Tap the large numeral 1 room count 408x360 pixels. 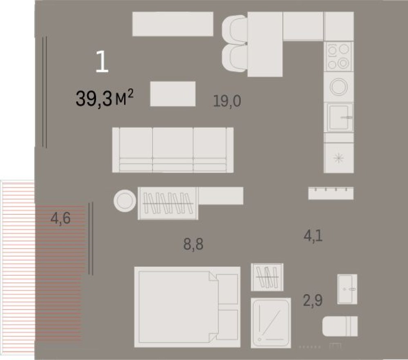pos(102,62)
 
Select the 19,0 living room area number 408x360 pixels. pos(227,100)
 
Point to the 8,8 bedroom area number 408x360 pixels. pos(193,245)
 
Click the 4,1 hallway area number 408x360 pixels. pos(313,235)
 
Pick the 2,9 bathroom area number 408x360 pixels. pos(313,301)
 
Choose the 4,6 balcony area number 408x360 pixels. pos(61,218)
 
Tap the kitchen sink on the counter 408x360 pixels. pos(339,117)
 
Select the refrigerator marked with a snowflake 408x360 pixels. pos(339,158)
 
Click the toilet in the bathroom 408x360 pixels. pos(340,326)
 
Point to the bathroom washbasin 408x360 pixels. pos(347,289)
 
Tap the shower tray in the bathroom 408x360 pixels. pos(271,322)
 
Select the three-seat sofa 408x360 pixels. pos(173,150)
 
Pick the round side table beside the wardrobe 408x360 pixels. pos(125,200)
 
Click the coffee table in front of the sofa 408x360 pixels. pos(173,94)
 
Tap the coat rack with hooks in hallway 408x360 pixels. pos(331,193)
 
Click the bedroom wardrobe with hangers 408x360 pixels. pos(168,203)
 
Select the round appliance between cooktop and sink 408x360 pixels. pos(339,86)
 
